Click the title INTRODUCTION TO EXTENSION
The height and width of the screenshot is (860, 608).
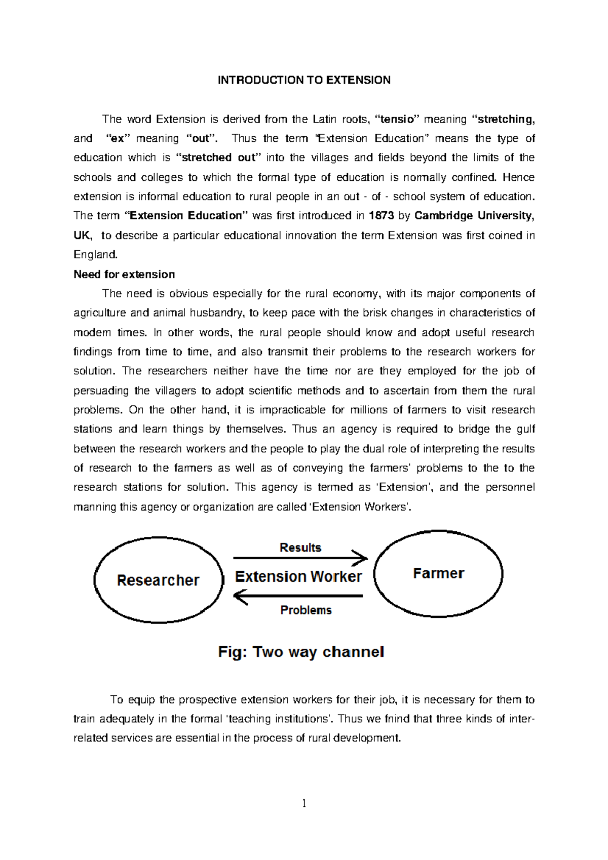click(x=304, y=80)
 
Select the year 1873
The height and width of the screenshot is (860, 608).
click(x=381, y=216)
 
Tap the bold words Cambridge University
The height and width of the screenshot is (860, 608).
click(x=473, y=216)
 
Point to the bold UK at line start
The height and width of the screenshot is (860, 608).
click(x=83, y=236)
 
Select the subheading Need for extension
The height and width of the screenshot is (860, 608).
click(x=124, y=275)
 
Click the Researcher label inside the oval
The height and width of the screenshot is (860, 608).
click(x=158, y=580)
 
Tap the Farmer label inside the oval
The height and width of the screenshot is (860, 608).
click(x=438, y=573)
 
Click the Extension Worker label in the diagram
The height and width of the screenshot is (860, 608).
click(x=298, y=577)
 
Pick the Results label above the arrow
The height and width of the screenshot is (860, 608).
click(x=300, y=548)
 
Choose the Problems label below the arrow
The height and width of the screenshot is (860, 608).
click(x=306, y=610)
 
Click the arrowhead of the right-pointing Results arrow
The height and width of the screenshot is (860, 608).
click(x=363, y=558)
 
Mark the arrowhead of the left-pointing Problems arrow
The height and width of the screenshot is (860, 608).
click(x=239, y=596)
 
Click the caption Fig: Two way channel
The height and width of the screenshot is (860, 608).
click(x=301, y=652)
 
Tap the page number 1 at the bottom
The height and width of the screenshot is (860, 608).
click(x=304, y=803)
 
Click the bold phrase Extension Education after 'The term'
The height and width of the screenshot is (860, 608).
click(x=186, y=216)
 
